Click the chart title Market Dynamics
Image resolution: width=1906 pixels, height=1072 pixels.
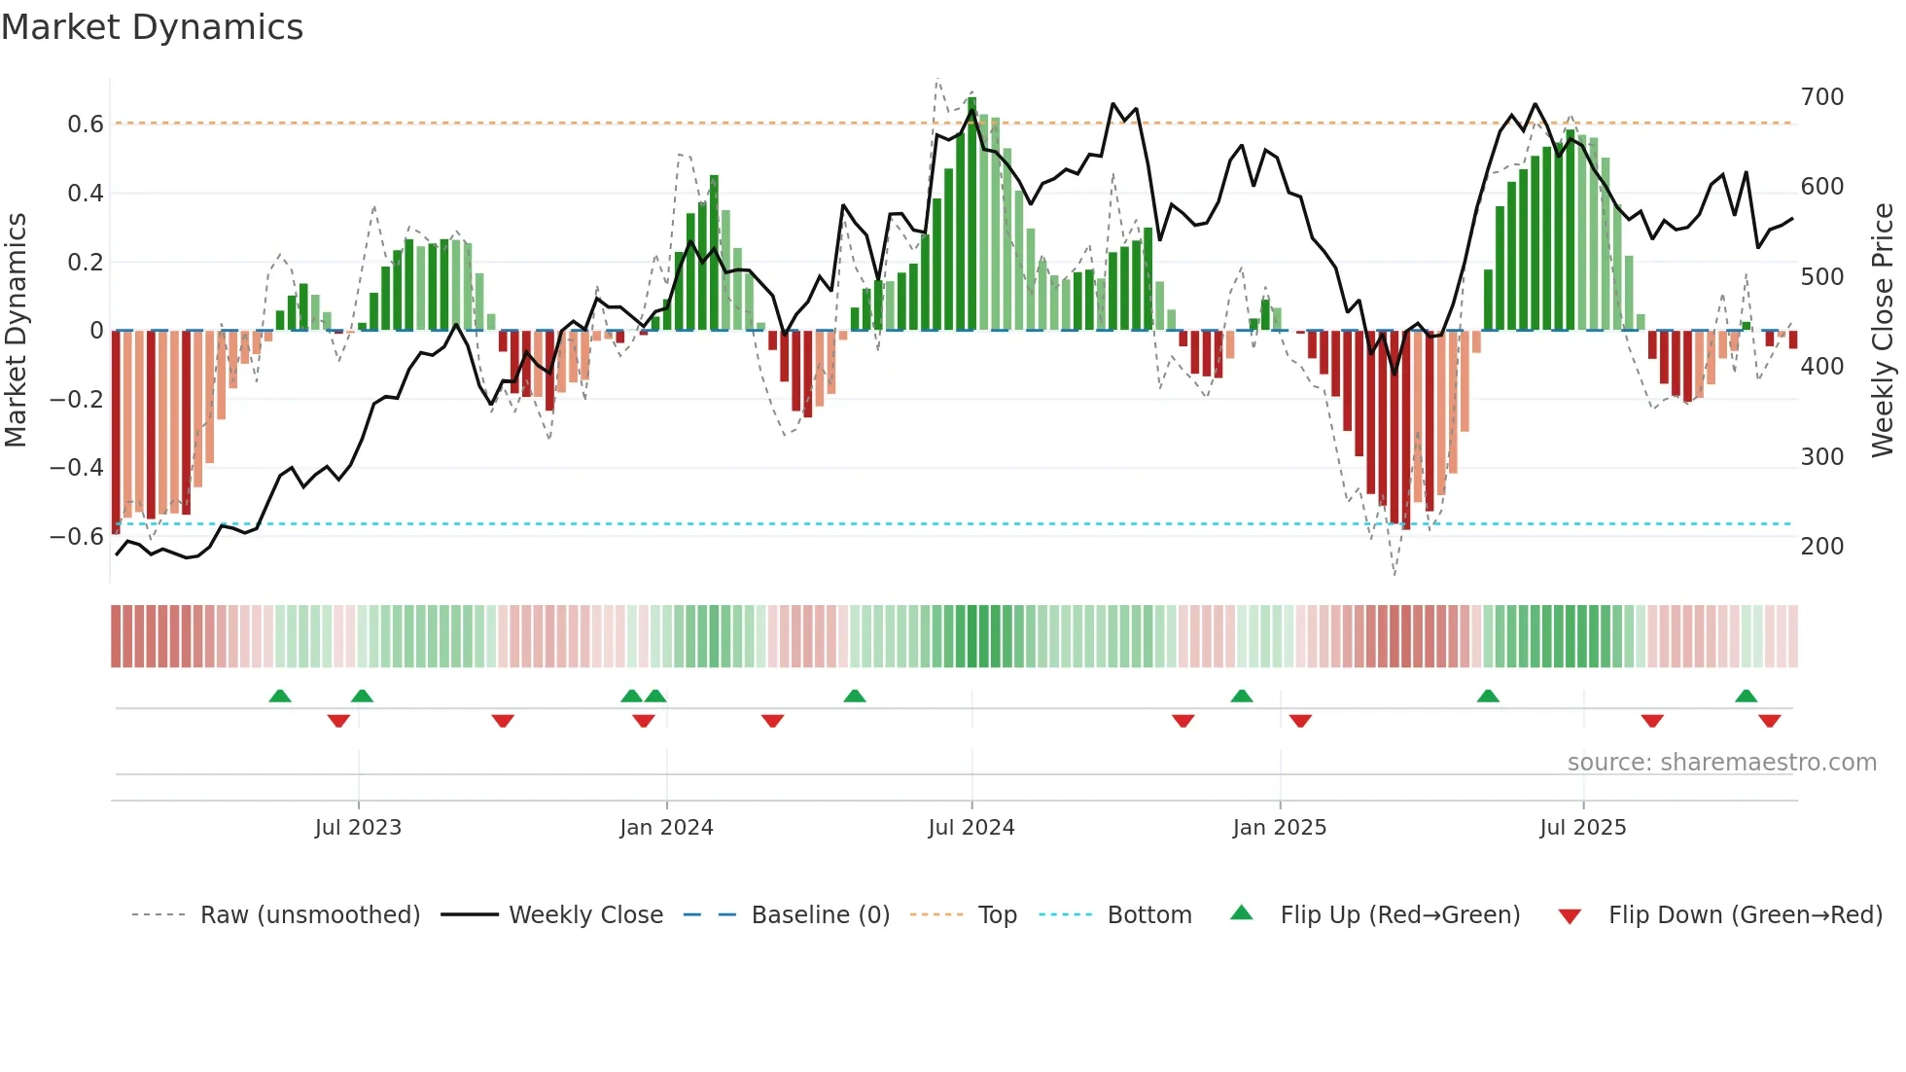[153, 27]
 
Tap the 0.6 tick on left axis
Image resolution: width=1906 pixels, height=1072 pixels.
[86, 125]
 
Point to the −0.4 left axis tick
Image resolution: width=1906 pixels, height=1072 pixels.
[77, 468]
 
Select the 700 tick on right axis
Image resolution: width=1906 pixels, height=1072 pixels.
[1822, 97]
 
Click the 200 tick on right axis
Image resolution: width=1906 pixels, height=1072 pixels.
[1822, 547]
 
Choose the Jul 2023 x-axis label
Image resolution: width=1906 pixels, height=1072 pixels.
[358, 828]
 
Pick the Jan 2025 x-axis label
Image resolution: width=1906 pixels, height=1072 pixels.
[1279, 828]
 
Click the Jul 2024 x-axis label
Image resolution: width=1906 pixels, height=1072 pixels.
[971, 828]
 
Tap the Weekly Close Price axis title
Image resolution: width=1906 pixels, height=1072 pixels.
[1883, 331]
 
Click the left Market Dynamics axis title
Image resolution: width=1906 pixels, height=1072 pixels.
[17, 331]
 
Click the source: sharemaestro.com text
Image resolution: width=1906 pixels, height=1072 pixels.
[1721, 763]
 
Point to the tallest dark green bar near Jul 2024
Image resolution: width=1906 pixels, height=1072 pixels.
[971, 214]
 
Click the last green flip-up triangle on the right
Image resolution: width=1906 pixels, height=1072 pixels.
[1746, 697]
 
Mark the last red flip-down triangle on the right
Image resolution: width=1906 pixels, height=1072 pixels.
[1769, 721]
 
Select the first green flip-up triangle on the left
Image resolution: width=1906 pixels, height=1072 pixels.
[280, 697]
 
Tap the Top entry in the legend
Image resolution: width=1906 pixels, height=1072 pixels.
[997, 915]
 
